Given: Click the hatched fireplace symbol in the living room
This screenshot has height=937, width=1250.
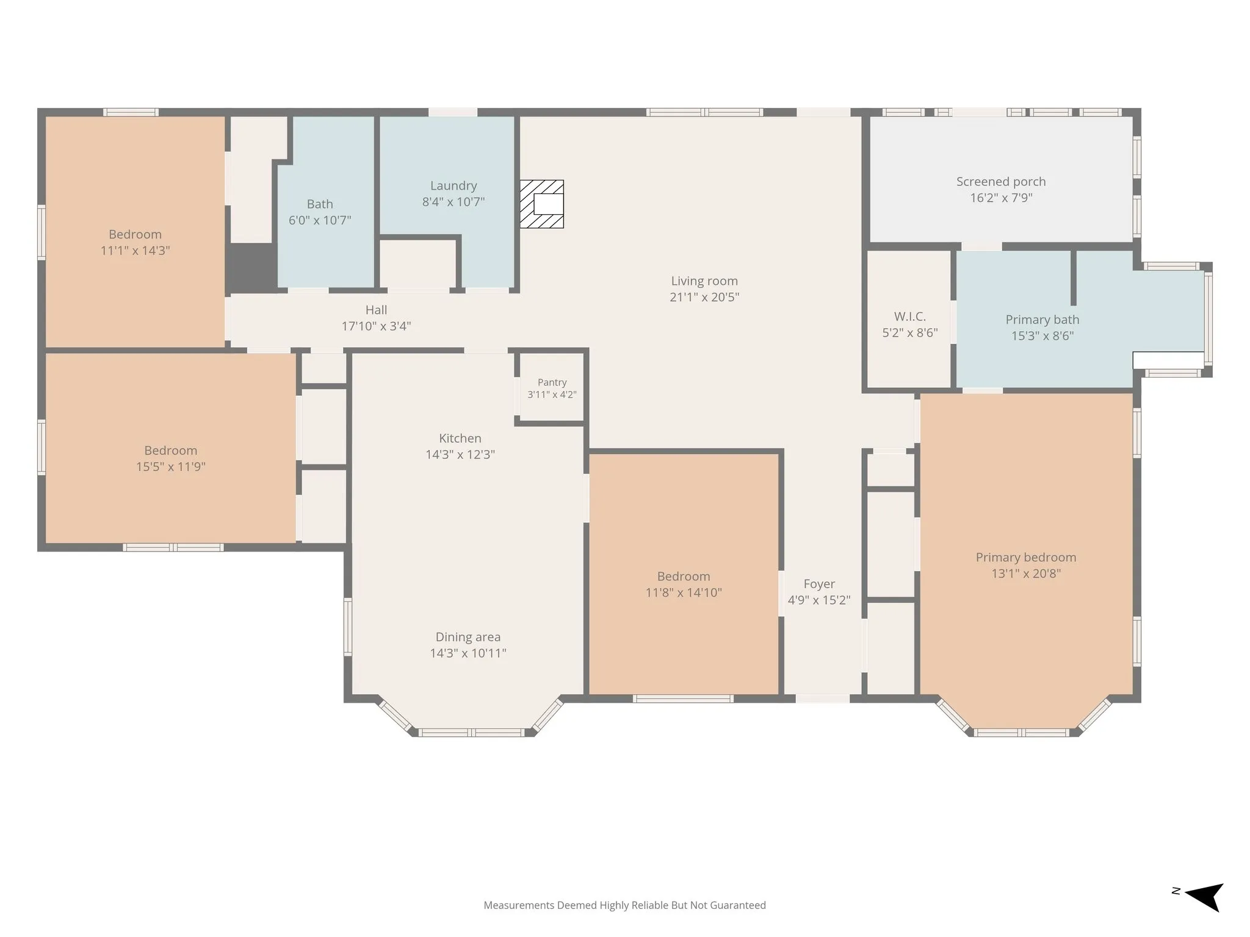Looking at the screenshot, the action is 541,204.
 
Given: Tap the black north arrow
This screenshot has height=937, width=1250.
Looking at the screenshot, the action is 1204,897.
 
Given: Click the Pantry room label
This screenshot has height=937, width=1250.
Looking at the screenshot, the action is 552,382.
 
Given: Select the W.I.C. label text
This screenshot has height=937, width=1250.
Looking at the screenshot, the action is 909,317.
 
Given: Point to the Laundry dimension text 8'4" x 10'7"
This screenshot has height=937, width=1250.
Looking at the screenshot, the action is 453,202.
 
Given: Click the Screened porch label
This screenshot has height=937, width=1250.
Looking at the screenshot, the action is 1001,182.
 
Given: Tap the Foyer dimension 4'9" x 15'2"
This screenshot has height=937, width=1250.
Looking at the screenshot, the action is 818,600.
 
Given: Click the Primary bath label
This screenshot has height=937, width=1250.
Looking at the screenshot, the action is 1042,320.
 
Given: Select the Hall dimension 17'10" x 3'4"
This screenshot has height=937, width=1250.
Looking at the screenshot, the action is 376,326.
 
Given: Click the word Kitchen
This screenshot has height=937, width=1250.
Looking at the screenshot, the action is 460,438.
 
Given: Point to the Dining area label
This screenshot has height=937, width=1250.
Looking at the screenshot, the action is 468,637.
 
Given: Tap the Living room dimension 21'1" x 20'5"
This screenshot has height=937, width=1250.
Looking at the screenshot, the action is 704,297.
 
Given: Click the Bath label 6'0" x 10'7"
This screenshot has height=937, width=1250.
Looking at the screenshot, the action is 320,212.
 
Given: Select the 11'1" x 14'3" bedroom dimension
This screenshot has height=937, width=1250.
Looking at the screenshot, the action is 135,251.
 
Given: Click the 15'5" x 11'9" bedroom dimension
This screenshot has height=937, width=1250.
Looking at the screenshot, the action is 170,467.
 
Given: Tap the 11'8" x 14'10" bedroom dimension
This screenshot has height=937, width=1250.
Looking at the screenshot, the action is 684,592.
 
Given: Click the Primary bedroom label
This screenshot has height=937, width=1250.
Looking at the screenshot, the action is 1026,558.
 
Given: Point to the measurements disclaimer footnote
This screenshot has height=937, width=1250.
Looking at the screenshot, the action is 624,905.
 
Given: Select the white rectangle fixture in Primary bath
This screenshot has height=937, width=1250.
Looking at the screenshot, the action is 1168,360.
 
